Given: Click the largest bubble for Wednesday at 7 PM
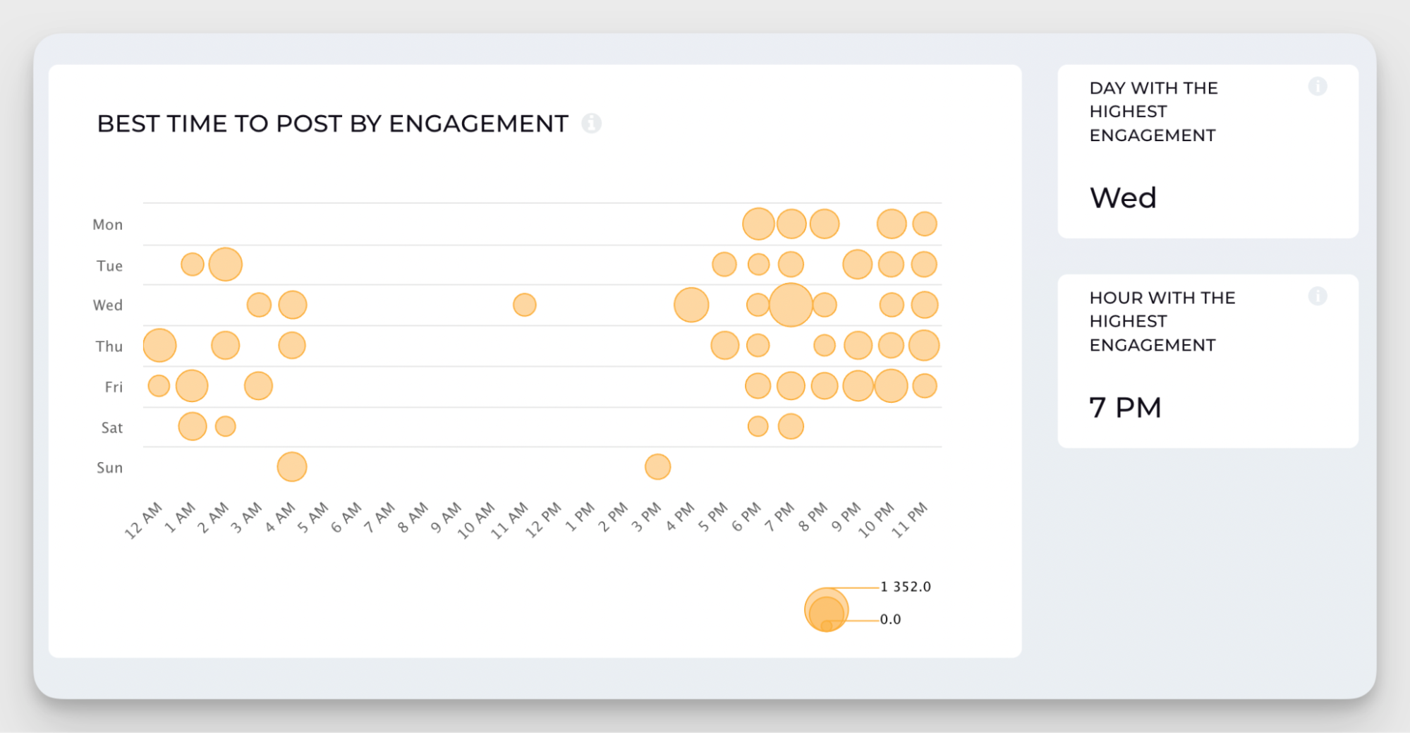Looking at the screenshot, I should pos(791,305).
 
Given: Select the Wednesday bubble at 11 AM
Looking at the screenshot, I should pos(524,305).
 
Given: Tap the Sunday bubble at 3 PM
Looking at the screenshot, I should pos(657,467).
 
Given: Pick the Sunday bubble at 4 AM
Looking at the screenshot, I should pos(292,467).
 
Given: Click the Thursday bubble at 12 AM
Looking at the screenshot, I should pos(159,346).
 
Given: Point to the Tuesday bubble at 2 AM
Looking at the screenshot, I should pos(226,265).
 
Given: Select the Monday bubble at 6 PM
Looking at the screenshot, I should pos(758,224).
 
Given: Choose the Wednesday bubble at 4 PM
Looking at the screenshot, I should pos(691,305).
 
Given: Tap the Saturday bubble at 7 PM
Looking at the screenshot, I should pos(791,426).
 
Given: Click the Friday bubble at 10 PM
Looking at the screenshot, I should pos(891,386).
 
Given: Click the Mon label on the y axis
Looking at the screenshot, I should pos(107,225).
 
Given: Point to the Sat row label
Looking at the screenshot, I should pos(111,428).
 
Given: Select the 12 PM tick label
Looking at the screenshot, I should pos(544,521).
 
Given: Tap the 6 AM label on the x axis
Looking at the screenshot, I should pos(346,518).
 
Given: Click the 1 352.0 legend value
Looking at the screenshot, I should pos(906,587).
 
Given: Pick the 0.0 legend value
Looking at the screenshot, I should pos(890,619).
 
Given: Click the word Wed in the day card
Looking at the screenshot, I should pos(1123,198).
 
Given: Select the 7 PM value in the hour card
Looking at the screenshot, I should pos(1125,408).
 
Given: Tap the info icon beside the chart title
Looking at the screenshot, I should pos(591,123).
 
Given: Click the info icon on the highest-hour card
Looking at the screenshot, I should pos(1317,296).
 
